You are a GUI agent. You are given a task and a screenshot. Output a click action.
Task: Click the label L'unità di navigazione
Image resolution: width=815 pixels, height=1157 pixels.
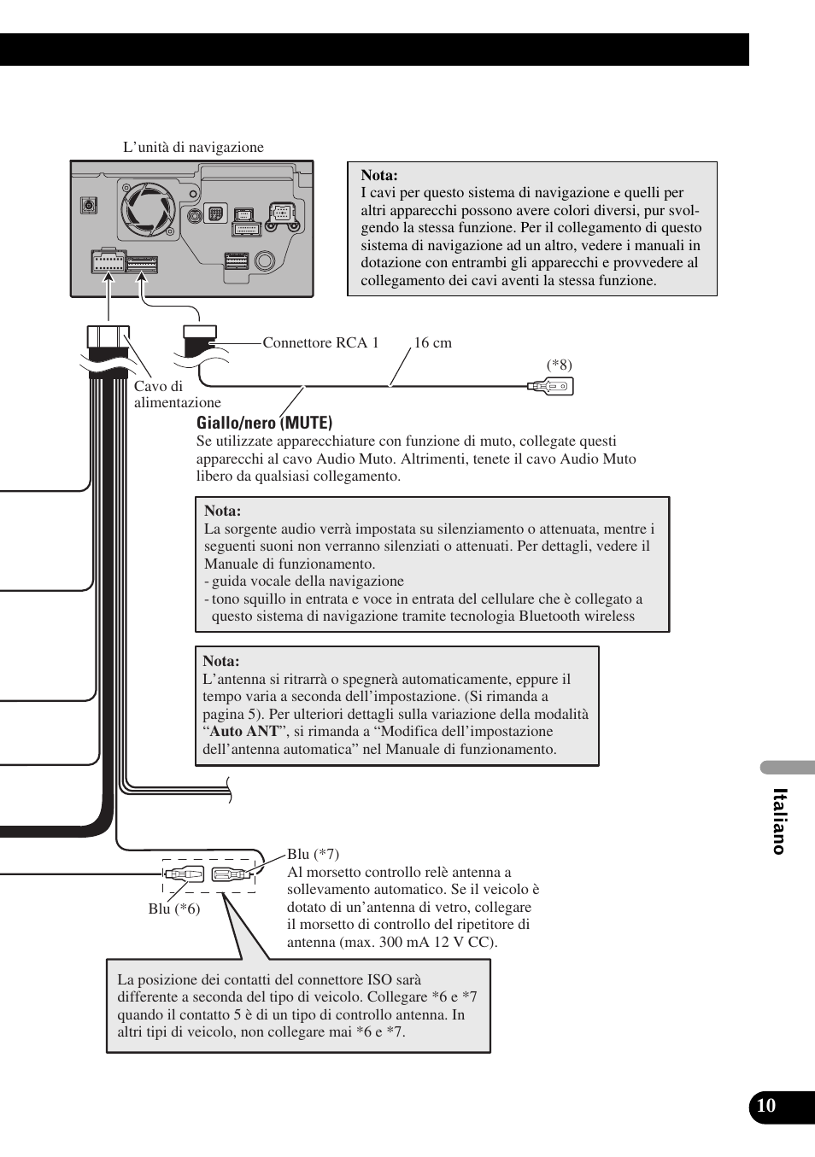pyautogui.click(x=193, y=147)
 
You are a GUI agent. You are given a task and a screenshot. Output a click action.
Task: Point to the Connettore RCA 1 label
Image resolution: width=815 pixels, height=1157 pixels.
pyautogui.click(x=320, y=342)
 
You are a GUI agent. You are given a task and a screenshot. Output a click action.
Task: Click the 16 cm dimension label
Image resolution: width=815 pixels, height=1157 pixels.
pyautogui.click(x=432, y=342)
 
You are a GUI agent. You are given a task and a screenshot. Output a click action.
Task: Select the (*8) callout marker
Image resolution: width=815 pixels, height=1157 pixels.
pyautogui.click(x=560, y=365)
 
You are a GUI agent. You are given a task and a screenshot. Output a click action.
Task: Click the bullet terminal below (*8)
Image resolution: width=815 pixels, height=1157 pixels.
pyautogui.click(x=551, y=387)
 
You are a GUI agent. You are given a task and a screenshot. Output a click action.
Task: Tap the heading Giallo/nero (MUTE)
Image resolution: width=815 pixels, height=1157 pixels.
pyautogui.click(x=265, y=423)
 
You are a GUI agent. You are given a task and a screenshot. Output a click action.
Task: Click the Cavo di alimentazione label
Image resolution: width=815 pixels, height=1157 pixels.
pyautogui.click(x=177, y=394)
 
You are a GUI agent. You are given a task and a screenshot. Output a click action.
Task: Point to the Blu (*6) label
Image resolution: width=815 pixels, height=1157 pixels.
pyautogui.click(x=174, y=909)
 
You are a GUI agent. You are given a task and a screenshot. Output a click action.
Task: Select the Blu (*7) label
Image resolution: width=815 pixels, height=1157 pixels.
pyautogui.click(x=313, y=854)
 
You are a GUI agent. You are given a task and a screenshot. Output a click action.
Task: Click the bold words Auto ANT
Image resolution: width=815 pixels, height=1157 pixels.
pyautogui.click(x=244, y=731)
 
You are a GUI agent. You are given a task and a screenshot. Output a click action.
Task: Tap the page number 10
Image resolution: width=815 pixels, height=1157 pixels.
pyautogui.click(x=766, y=1106)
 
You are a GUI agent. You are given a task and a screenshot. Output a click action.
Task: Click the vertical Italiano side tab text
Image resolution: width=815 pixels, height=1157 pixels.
pyautogui.click(x=778, y=821)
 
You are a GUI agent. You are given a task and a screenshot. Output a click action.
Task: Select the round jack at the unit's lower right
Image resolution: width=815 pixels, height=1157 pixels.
pyautogui.click(x=265, y=260)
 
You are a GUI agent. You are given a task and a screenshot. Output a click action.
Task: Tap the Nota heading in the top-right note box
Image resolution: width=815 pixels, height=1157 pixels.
pyautogui.click(x=379, y=175)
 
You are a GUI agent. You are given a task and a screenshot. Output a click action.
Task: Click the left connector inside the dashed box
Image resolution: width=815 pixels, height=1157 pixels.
pyautogui.click(x=185, y=874)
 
